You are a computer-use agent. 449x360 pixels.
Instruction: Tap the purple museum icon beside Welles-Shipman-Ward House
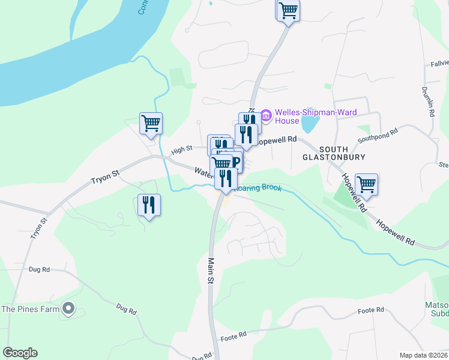264,113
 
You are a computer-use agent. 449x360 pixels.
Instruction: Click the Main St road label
211,270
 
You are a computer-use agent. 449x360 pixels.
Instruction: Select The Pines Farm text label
30,309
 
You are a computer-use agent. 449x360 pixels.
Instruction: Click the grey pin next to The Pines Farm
68,309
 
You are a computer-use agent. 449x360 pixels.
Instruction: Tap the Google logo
20,353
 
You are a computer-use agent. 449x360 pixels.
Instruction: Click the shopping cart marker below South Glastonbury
366,184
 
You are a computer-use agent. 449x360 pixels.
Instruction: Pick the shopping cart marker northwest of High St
151,124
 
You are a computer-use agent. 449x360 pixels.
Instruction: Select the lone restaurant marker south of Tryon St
149,205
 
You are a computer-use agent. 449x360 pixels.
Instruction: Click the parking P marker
235,161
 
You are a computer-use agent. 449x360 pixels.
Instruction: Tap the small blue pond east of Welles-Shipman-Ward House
309,124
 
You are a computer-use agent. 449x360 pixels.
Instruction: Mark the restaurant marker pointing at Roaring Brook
225,178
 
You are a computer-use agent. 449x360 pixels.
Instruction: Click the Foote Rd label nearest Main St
234,334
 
